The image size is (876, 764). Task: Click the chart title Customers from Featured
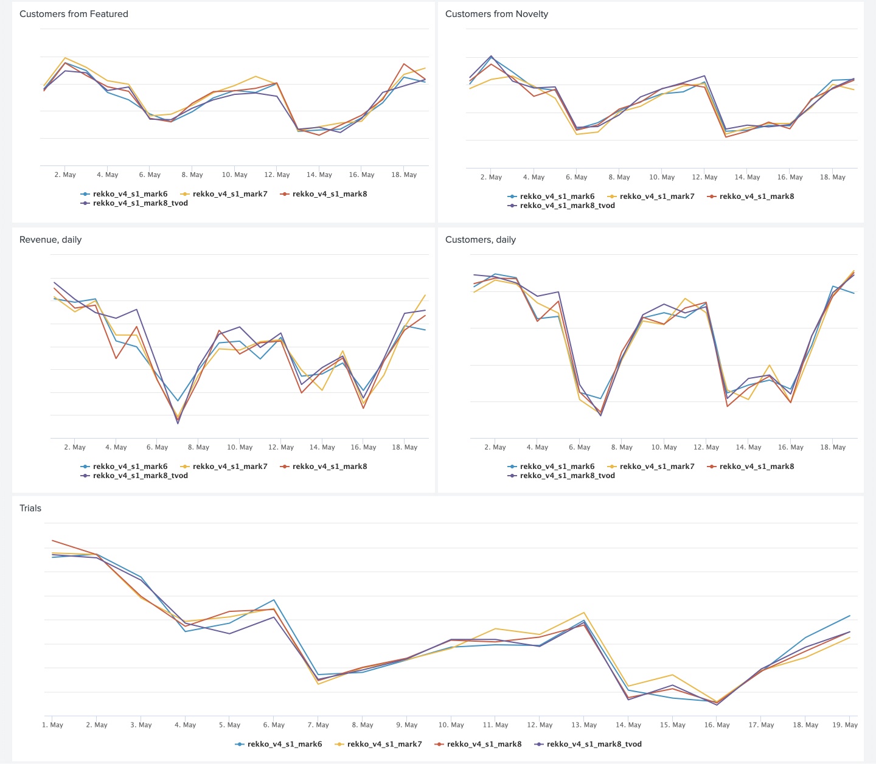tap(74, 14)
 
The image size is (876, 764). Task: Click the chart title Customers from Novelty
tap(496, 14)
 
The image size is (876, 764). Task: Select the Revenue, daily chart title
tap(50, 240)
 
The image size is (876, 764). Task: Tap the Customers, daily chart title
tap(480, 240)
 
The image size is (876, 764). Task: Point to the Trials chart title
tap(30, 509)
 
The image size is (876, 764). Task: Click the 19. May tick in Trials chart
tap(845, 725)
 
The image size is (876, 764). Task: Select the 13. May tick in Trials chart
tap(584, 725)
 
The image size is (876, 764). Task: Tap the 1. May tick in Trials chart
tap(53, 725)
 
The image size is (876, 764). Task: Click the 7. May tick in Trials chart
tap(318, 725)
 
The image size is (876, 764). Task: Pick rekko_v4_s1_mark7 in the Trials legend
tap(384, 744)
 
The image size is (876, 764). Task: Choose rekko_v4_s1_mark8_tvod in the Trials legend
tap(594, 744)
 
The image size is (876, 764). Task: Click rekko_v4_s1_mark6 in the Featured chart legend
tap(130, 194)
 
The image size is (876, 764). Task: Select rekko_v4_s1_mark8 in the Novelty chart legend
tap(756, 196)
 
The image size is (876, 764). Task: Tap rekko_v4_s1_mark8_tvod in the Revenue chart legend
tap(140, 476)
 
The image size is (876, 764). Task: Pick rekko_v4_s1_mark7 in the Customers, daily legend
tap(656, 467)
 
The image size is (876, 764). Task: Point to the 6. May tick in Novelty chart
tap(576, 178)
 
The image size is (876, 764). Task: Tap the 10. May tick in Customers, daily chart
tap(664, 448)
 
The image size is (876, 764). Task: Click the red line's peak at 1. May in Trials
tap(53, 540)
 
